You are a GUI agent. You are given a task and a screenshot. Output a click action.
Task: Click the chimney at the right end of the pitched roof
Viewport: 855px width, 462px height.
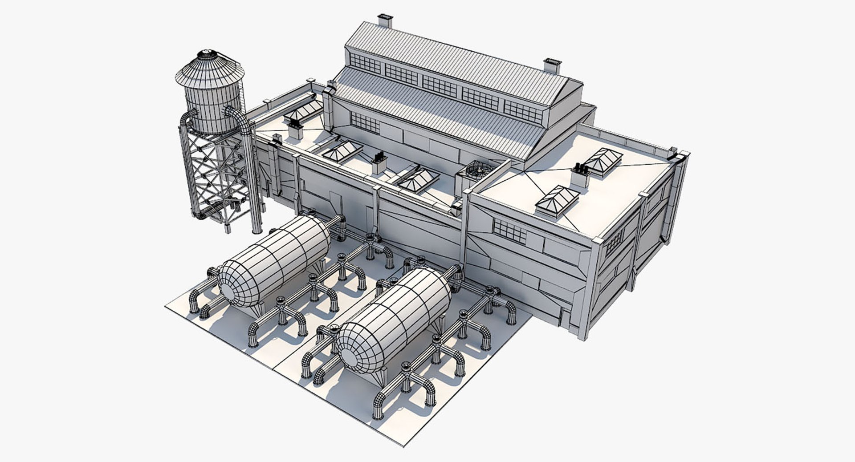[551, 66]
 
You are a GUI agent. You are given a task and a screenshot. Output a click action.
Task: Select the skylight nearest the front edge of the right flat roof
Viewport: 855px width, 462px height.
[557, 201]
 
